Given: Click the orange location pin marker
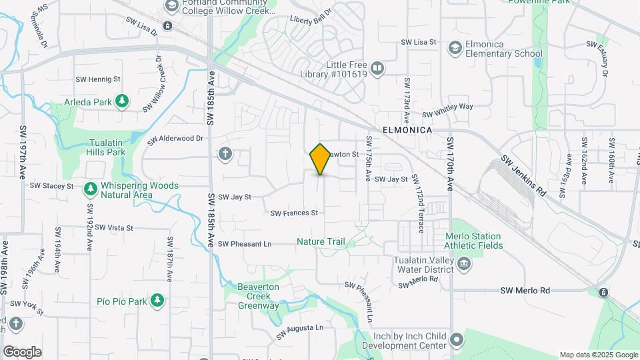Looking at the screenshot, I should pos(321,159).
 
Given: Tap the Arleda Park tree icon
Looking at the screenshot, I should pos(121,101).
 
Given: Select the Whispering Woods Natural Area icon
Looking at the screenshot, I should pos(91,189).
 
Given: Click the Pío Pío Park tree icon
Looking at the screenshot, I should pos(157,301).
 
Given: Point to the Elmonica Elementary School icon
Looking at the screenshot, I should pos(455,48).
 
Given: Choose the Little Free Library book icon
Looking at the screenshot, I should pos(377,69).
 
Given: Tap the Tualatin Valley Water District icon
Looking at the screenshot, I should pos(465,265).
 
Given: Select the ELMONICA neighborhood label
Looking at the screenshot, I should pos(407,131).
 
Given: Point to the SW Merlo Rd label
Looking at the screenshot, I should pos(525,291).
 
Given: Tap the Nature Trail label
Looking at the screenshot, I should pos(321,241).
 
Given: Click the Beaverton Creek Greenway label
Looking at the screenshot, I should pos(259,296).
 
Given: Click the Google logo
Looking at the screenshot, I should pos(22,351).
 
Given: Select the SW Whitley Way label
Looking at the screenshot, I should pos(446,109).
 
